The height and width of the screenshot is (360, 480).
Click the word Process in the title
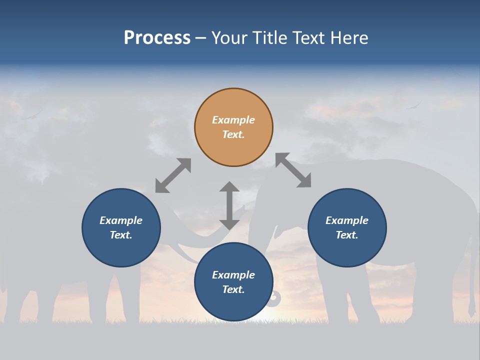157,38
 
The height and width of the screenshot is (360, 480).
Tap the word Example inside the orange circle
233,120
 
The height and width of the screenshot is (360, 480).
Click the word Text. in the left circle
121,235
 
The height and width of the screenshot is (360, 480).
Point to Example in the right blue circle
347,220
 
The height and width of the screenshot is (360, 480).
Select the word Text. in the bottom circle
233,289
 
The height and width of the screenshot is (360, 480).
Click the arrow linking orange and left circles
173,175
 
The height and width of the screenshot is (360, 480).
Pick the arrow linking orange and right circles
293,170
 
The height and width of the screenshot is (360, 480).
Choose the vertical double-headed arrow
229,205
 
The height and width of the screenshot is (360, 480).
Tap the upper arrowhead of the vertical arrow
229,187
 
